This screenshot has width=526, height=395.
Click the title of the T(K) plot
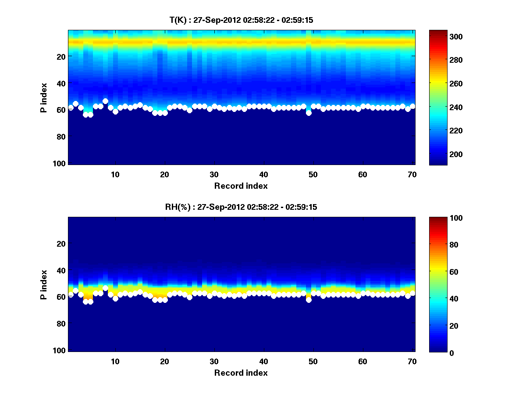point(241,20)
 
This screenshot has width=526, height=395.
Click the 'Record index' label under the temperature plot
point(241,186)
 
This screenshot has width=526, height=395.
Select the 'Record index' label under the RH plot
point(241,373)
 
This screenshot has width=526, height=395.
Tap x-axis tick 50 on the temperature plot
point(313,174)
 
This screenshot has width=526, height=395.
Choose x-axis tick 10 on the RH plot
point(115,361)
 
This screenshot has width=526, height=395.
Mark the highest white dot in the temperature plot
point(105,101)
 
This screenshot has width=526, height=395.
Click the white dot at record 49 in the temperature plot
point(309,113)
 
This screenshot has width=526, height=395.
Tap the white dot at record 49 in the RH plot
point(309,300)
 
